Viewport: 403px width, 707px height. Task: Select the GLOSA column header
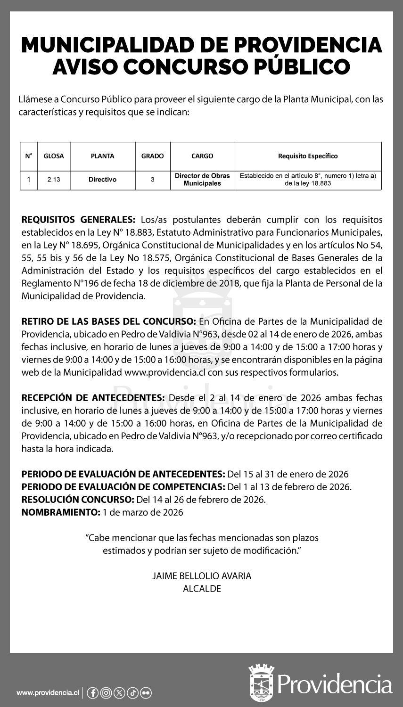(x=54, y=156)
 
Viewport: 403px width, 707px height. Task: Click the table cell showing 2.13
(x=54, y=180)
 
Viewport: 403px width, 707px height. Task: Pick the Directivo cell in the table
(x=102, y=180)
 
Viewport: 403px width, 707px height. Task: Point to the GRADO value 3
(x=152, y=180)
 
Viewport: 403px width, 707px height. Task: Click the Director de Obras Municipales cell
(x=202, y=179)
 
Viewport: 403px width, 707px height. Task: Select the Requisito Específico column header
(x=308, y=156)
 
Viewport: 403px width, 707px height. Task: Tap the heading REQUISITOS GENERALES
(x=78, y=220)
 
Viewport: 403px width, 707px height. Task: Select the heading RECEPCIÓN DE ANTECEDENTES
(x=93, y=398)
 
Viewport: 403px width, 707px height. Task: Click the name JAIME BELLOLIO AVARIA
(x=202, y=576)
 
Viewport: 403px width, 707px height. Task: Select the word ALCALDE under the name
(x=202, y=589)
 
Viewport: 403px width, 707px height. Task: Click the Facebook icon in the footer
(x=93, y=693)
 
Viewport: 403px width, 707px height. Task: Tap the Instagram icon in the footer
(x=106, y=693)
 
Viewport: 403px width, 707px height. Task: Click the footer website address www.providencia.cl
(x=47, y=693)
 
